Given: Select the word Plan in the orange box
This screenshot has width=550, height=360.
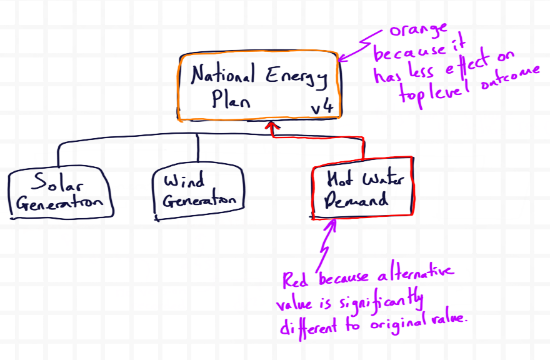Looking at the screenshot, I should pyautogui.click(x=230, y=100).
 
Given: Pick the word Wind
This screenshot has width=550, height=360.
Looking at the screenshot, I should pyautogui.click(x=185, y=182).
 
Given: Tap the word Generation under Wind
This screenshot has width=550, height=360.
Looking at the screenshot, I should pyautogui.click(x=199, y=201).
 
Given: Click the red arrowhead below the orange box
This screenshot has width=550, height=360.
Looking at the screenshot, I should pyautogui.click(x=272, y=127).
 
